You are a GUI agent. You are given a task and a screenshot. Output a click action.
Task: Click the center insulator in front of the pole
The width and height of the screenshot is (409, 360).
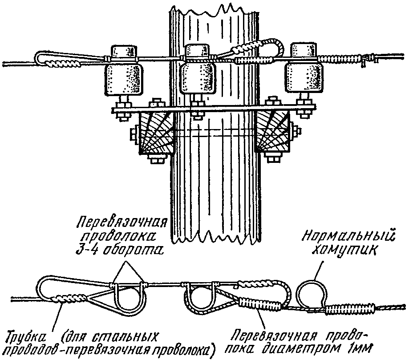click(x=198, y=70)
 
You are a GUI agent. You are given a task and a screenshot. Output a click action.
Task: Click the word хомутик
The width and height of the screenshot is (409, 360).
click(x=344, y=251)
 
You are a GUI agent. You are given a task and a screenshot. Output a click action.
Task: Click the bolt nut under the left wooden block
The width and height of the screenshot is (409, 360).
click(x=157, y=159)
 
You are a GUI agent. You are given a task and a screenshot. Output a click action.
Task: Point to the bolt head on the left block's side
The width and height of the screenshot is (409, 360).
click(x=134, y=134)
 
